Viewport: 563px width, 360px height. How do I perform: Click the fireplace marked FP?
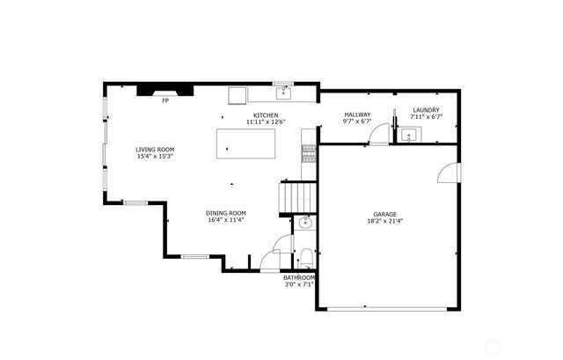[x=165, y=89]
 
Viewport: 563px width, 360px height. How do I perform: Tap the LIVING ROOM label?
[x=154, y=150]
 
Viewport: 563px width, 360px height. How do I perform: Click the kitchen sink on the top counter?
[x=284, y=92]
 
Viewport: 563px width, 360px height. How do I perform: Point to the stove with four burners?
[x=308, y=153]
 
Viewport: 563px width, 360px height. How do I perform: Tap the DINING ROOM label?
[x=226, y=213]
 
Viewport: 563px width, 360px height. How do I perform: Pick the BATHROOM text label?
[x=299, y=277]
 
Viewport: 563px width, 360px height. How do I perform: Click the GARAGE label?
[x=384, y=214]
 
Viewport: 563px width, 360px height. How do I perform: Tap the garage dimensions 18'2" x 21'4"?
[x=384, y=222]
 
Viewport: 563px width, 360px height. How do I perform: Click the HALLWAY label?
[x=357, y=114]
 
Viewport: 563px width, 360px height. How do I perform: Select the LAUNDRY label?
[x=426, y=110]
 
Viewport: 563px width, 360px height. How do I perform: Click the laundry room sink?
[x=409, y=136]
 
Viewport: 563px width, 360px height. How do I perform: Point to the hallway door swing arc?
[x=379, y=132]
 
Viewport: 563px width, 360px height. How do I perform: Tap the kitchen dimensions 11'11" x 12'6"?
[x=266, y=121]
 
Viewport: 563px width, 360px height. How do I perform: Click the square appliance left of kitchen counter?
[x=238, y=95]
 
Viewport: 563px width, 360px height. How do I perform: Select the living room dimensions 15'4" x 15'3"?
[x=154, y=157]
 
